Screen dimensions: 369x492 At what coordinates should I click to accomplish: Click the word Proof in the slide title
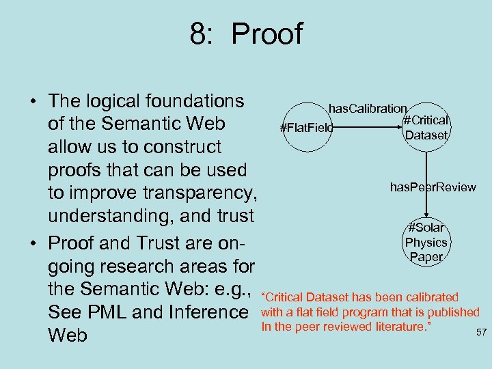coord(267,33)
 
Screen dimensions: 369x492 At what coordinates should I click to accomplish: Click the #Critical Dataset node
coord(426,128)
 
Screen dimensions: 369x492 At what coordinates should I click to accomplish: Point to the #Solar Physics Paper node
coord(426,242)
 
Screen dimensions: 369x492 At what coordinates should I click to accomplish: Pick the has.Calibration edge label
coord(368,108)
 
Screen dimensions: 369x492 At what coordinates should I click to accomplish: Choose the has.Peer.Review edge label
coord(433,187)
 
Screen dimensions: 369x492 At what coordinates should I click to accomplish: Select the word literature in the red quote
coord(396,326)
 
